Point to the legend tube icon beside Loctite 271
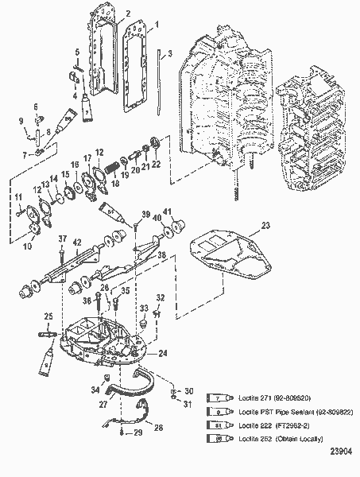219,395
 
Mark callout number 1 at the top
157,25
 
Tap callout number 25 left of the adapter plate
47,316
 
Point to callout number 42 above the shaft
78,242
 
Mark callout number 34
95,389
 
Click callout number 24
164,353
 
